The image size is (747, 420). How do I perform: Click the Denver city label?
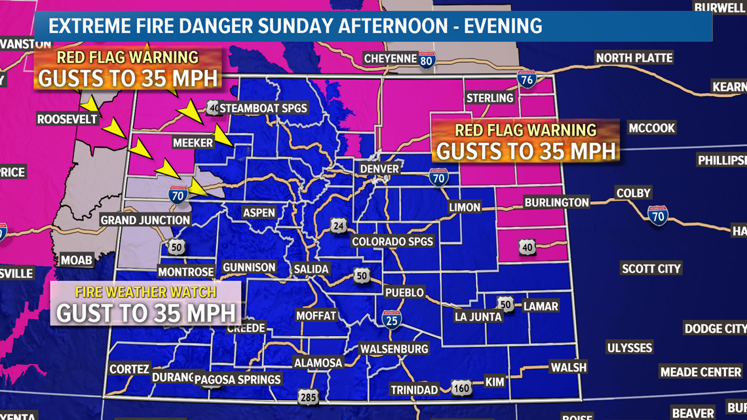(x=379, y=169)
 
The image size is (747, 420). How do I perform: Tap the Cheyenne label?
(x=391, y=58)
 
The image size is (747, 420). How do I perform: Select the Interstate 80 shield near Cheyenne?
(x=427, y=61)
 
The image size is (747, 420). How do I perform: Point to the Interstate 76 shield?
(x=526, y=80)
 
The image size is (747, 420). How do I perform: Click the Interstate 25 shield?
(x=392, y=318)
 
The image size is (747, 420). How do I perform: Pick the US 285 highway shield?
(x=308, y=396)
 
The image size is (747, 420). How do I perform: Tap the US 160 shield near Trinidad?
(x=461, y=389)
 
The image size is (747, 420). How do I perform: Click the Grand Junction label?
(x=145, y=220)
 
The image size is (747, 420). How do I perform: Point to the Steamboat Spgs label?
(x=263, y=108)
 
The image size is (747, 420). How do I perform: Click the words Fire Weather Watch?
(x=146, y=292)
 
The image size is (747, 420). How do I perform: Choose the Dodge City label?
(x=715, y=328)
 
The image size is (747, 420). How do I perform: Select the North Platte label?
(x=634, y=58)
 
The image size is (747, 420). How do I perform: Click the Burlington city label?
(x=556, y=202)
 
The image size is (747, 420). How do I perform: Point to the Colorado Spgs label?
(x=393, y=241)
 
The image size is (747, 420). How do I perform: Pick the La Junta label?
(x=478, y=316)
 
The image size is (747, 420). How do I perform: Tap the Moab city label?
(x=77, y=260)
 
